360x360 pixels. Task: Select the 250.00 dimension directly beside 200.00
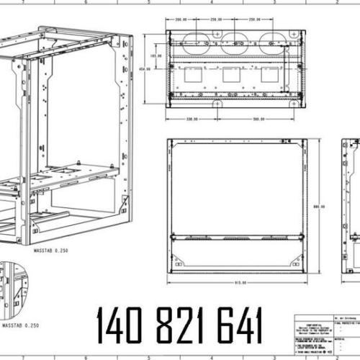pyautogui.click(x=215, y=20)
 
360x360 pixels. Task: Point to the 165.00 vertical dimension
pyautogui.click(x=153, y=55)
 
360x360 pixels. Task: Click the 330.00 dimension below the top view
pyautogui.click(x=193, y=120)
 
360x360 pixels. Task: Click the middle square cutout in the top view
pyautogui.click(x=232, y=75)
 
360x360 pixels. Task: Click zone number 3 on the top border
pyautogui.click(x=276, y=3)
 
